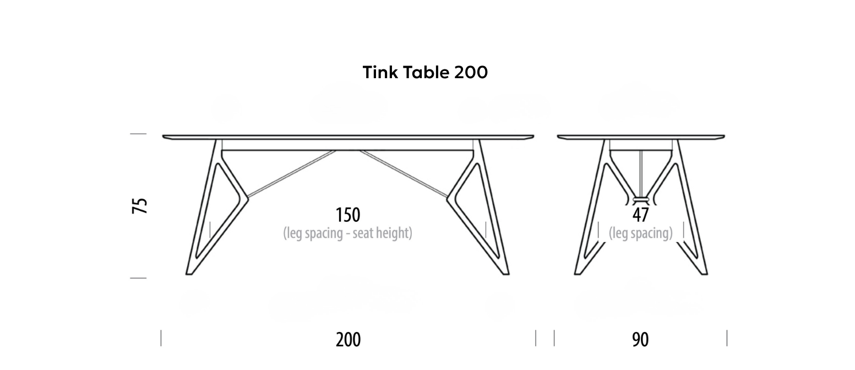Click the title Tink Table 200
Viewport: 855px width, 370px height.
[x=425, y=72]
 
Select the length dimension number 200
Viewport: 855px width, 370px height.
[x=348, y=340]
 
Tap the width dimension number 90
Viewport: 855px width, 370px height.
[x=640, y=340]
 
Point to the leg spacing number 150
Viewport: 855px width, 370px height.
[x=348, y=215]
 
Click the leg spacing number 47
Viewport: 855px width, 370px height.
[x=640, y=215]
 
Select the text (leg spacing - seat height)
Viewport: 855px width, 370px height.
[x=348, y=233]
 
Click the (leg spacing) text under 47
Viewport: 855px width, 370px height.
[x=640, y=233]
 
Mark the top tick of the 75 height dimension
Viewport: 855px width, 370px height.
[x=138, y=134]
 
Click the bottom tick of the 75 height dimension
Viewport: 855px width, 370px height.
[x=138, y=278]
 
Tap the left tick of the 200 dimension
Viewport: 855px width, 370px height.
[x=161, y=338]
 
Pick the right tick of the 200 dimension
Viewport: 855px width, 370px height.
[x=536, y=338]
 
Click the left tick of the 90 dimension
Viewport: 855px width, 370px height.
[x=554, y=338]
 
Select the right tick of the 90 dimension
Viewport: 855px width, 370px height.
[x=727, y=338]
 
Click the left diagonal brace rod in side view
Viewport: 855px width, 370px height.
[x=292, y=174]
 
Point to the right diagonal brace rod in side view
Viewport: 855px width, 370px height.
[x=404, y=174]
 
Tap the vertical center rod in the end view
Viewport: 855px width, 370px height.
[x=641, y=173]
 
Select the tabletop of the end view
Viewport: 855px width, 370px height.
[x=641, y=137]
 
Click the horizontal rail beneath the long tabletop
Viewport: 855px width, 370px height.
[x=347, y=150]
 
